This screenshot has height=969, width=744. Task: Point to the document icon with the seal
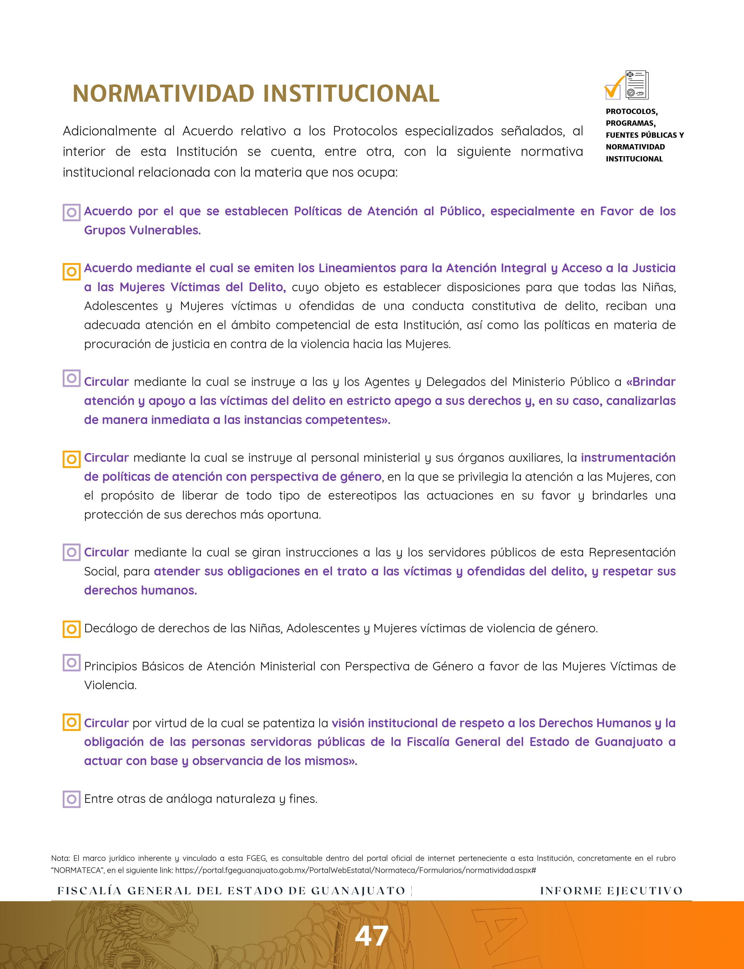tap(637, 85)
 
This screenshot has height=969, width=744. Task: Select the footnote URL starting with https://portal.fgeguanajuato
tap(356, 870)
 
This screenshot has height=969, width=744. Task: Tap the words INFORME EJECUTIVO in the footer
tap(611, 890)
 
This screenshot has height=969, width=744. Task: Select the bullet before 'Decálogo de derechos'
tap(71, 629)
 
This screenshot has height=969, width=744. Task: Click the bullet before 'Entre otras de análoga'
tap(71, 799)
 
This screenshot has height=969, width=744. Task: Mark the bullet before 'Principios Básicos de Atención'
tap(71, 663)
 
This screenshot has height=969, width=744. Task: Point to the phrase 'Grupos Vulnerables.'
tap(142, 230)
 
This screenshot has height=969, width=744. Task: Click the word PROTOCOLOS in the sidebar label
tap(631, 111)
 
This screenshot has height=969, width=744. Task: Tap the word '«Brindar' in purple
tap(651, 382)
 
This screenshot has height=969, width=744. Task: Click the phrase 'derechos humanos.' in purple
tap(140, 590)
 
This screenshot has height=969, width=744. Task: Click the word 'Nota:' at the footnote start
tap(61, 858)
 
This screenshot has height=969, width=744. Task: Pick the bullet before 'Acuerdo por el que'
tap(71, 212)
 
